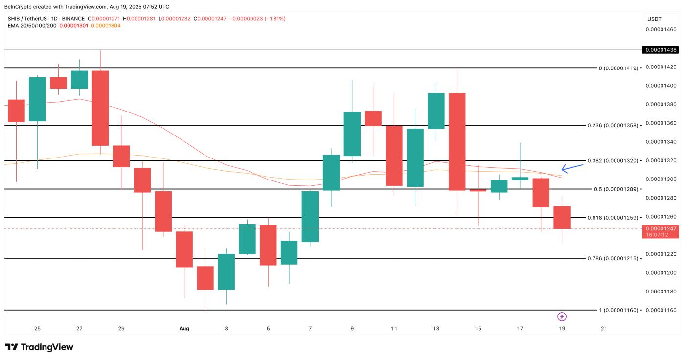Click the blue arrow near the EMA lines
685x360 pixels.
point(572,168)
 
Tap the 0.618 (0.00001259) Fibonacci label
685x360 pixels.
point(613,217)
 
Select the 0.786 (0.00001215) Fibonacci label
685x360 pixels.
point(613,258)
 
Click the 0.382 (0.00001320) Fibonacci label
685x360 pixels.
point(613,160)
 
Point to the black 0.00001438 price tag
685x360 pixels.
point(661,50)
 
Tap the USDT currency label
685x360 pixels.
point(654,19)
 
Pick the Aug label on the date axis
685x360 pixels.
point(184,329)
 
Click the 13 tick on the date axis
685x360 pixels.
point(436,329)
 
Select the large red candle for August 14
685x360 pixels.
point(457,141)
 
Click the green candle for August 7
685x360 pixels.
point(310,216)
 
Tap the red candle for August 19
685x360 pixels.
point(562,218)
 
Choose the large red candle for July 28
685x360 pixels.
point(100,108)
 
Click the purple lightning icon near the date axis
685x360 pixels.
point(562,316)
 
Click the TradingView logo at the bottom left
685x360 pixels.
point(39,347)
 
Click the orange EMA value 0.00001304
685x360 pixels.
point(106,26)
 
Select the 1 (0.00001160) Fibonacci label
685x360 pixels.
point(618,310)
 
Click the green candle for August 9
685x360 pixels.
point(352,134)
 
